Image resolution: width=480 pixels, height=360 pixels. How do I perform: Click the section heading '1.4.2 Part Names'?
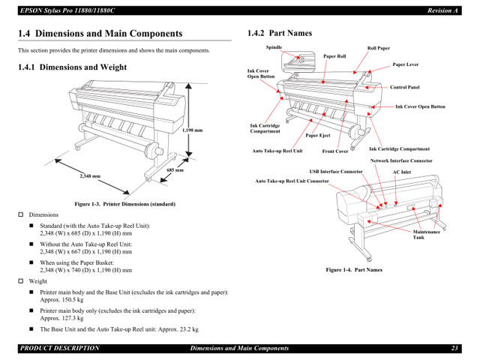coord(280,33)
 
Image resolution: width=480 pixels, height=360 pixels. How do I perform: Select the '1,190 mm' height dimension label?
coord(193,130)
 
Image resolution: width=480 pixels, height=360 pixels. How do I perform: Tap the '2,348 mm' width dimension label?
coord(90,176)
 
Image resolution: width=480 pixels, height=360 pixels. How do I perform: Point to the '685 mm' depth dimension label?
coord(175,170)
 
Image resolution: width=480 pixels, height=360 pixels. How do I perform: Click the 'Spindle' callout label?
coord(274,46)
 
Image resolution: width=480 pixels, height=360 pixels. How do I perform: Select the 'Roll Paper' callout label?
coord(378,48)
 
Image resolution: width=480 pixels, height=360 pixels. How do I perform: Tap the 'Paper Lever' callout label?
coord(405,64)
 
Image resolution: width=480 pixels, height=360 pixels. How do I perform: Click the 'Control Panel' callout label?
coord(404,87)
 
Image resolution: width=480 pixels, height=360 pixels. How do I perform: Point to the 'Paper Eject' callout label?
coord(317,136)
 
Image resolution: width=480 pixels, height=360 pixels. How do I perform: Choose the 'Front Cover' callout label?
coord(335,151)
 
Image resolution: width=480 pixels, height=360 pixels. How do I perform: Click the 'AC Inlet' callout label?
coord(402,172)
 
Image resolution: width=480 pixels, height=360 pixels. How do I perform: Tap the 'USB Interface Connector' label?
coord(336,172)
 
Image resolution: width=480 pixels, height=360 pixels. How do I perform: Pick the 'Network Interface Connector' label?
coord(401,160)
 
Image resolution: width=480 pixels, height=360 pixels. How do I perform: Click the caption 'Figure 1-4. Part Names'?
coord(353,268)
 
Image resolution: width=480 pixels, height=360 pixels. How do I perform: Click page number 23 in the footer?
coord(454,348)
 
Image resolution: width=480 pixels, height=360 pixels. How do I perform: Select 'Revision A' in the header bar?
coord(442,10)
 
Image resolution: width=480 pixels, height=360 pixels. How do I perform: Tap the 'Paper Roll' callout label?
coord(334,56)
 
